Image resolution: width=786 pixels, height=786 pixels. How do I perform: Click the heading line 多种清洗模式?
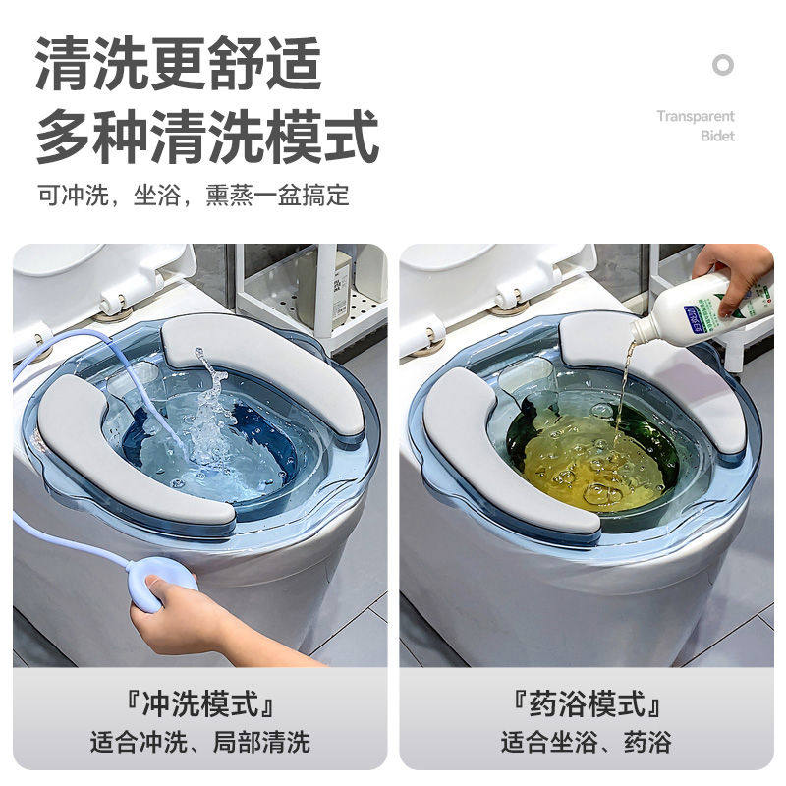(207, 138)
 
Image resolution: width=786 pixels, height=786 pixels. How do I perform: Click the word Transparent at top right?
(696, 116)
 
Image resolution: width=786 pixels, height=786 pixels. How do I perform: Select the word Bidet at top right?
(717, 136)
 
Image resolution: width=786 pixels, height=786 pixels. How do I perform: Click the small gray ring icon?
(723, 66)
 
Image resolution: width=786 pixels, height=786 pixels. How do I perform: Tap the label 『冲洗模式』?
(199, 703)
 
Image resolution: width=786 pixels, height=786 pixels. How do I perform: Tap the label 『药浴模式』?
(586, 703)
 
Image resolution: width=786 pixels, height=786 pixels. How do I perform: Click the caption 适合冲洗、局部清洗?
(199, 740)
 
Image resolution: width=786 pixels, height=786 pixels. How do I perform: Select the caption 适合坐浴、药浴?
(586, 740)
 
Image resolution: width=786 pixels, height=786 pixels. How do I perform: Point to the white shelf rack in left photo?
(305, 295)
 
